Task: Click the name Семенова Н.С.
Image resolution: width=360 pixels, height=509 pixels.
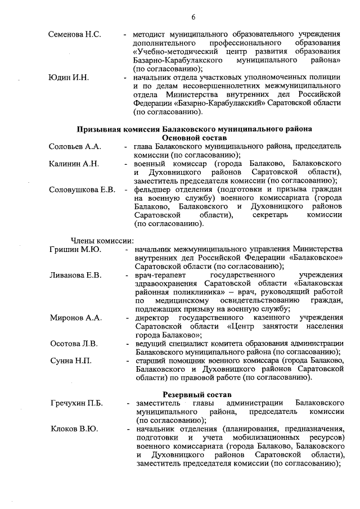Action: pyautogui.click(x=75, y=34)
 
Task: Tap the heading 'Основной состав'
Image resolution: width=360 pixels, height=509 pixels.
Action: pyautogui.click(x=194, y=137)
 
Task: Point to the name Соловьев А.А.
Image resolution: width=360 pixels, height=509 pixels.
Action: pyautogui.click(x=75, y=147)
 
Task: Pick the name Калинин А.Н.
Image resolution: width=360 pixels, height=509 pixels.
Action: pyautogui.click(x=74, y=164)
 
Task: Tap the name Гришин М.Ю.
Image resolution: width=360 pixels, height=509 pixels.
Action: pyautogui.click(x=75, y=249)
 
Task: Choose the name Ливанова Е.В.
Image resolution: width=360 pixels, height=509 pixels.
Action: pyautogui.click(x=76, y=275)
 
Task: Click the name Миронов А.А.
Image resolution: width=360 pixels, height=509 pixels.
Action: pyautogui.click(x=75, y=318)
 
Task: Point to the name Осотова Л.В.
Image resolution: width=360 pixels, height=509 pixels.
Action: pyautogui.click(x=74, y=344)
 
